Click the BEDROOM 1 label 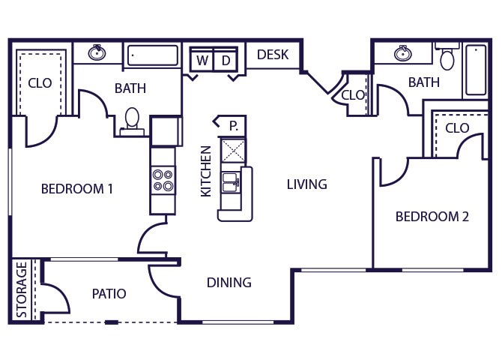[76, 189]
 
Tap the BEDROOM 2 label [432, 217]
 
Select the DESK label [272, 55]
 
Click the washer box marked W [202, 60]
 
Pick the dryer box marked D [226, 60]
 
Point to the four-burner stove [163, 180]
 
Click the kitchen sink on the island [231, 181]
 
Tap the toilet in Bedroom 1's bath [133, 119]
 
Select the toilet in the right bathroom [447, 58]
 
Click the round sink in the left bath [97, 53]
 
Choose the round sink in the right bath [404, 53]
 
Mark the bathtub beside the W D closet [153, 55]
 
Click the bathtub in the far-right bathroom [476, 70]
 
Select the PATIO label [109, 293]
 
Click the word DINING [229, 283]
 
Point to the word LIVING [307, 184]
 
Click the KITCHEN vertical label [206, 171]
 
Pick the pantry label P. [233, 124]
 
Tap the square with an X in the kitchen [232, 149]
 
